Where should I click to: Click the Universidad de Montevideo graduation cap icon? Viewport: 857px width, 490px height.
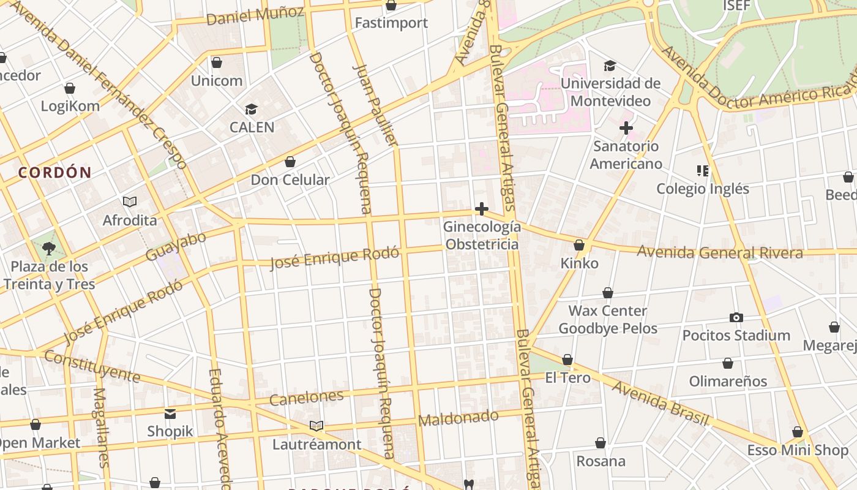[610, 66]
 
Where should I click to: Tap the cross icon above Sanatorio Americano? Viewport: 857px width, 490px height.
[626, 128]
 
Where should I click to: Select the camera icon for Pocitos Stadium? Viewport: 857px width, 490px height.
[736, 317]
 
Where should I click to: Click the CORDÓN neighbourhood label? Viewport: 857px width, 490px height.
[54, 173]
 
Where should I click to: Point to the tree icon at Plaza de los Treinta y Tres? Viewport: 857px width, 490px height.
[49, 249]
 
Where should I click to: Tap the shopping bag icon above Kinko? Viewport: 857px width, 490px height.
[579, 246]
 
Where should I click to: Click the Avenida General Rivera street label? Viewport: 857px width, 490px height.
[720, 252]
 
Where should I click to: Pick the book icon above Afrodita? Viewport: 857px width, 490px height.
[130, 202]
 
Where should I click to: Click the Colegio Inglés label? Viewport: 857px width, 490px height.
[703, 189]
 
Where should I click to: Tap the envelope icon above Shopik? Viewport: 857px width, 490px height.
[170, 413]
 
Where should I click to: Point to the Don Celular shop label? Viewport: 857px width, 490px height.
[290, 180]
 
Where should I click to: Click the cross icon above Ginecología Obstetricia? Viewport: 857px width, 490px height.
[482, 209]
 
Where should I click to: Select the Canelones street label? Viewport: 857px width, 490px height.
[307, 398]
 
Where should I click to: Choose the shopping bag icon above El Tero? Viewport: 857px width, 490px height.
[567, 360]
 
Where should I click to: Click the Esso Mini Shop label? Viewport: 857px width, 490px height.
[798, 451]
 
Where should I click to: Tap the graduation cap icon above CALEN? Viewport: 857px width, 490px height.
[251, 110]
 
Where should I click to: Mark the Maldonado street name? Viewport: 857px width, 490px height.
[458, 418]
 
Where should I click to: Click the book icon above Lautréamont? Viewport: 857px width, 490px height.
[316, 426]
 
